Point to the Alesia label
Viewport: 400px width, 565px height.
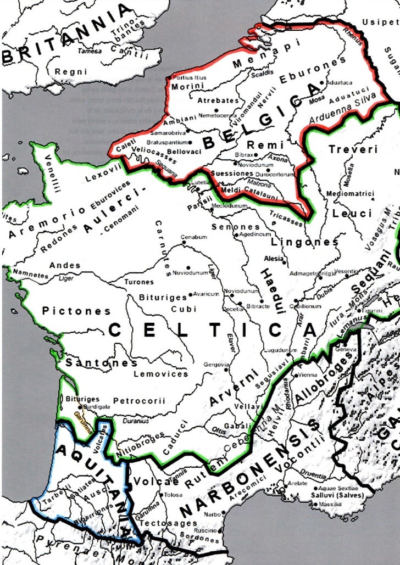(274, 259)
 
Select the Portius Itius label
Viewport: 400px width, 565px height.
(190, 77)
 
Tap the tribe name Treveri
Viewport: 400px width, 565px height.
(353, 149)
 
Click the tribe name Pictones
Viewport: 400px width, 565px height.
(76, 311)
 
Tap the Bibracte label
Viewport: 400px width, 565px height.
(258, 306)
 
